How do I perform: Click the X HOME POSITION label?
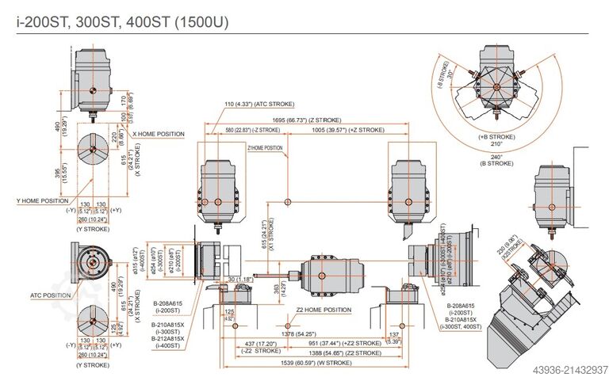(159, 135)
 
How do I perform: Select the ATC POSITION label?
(51, 295)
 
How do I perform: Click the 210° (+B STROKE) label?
(496, 141)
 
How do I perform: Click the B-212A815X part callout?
(167, 338)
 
